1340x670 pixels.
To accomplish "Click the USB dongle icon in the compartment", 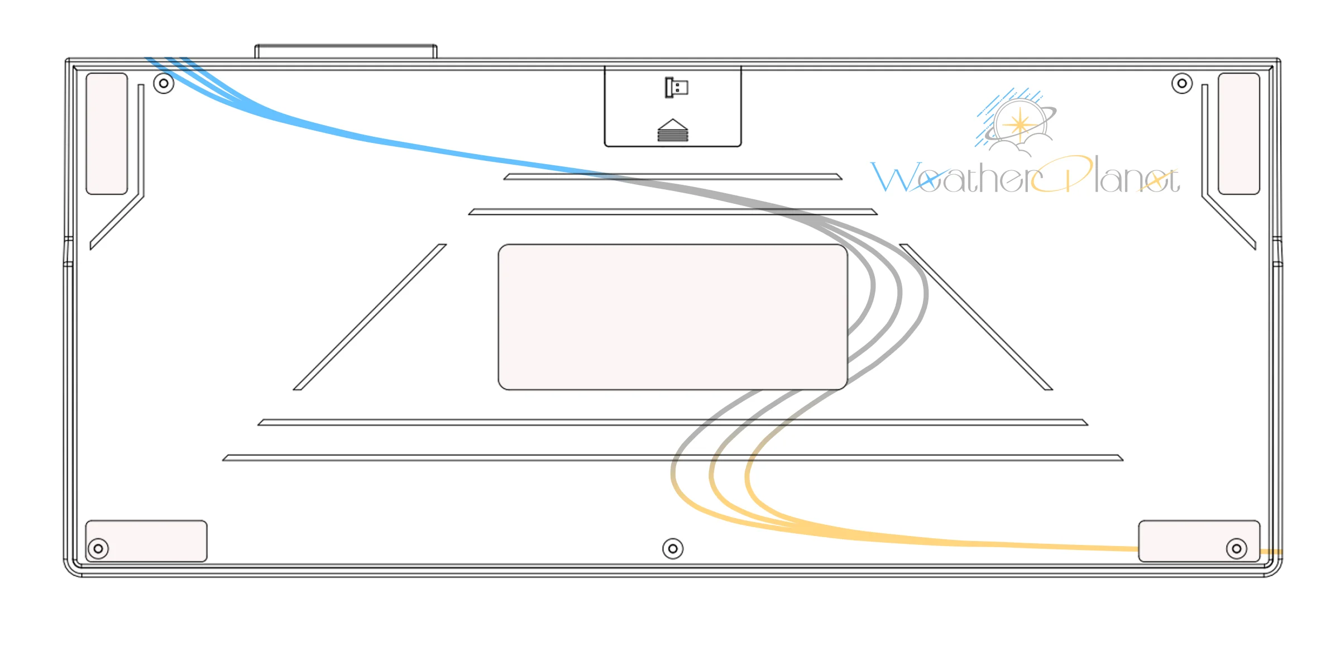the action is pyautogui.click(x=676, y=88).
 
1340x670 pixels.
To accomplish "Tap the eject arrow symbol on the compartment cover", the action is pyautogui.click(x=673, y=130).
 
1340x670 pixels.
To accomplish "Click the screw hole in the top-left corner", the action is pyautogui.click(x=164, y=83).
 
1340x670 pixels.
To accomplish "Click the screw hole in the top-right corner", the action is pyautogui.click(x=1182, y=83).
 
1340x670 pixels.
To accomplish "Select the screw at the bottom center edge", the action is pyautogui.click(x=673, y=549).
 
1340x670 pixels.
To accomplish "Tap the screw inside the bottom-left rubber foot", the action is pyautogui.click(x=98, y=549).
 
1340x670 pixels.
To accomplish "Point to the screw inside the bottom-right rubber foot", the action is pyautogui.click(x=1237, y=549).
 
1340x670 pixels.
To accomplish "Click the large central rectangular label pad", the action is pyautogui.click(x=673, y=317).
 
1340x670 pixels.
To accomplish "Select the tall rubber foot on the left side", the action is pyautogui.click(x=107, y=134).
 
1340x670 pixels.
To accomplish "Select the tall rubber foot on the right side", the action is pyautogui.click(x=1239, y=134).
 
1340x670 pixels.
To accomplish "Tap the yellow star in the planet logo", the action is pyautogui.click(x=1020, y=125).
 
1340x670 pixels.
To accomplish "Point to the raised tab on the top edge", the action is pyautogui.click(x=346, y=51).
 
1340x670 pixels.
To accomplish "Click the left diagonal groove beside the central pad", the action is pyautogui.click(x=370, y=317).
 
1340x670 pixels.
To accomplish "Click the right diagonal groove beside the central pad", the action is pyautogui.click(x=976, y=317).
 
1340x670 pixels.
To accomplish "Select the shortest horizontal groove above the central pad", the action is pyautogui.click(x=673, y=177).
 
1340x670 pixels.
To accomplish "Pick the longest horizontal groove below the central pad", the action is pyautogui.click(x=673, y=458).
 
